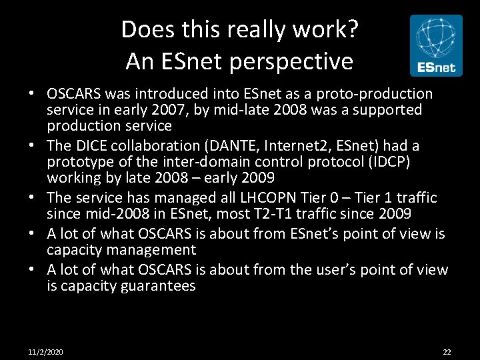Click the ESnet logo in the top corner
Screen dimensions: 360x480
[x=435, y=45]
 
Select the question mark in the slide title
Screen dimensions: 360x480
[x=353, y=29]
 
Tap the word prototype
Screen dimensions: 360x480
[x=80, y=162]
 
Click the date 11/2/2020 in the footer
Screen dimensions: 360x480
[x=46, y=351]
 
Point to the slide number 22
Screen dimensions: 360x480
[x=447, y=351]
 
